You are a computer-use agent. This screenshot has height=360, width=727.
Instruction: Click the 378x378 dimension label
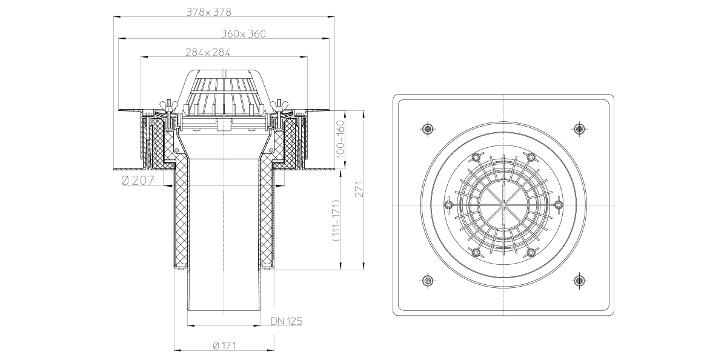pyautogui.click(x=208, y=12)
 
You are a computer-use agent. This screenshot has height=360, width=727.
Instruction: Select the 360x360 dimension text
pyautogui.click(x=244, y=34)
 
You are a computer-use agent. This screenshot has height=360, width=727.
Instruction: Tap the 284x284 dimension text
pyautogui.click(x=208, y=52)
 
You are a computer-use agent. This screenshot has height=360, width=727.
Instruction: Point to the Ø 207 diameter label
pyautogui.click(x=138, y=180)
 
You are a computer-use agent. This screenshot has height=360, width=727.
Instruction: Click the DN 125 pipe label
pyautogui.click(x=286, y=321)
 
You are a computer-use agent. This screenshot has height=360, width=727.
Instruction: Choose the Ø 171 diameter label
pyautogui.click(x=224, y=345)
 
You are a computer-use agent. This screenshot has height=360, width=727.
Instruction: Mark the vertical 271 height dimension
pyautogui.click(x=359, y=189)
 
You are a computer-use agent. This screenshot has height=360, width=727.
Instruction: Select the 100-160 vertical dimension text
pyautogui.click(x=340, y=139)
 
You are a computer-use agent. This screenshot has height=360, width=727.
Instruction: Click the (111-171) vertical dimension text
pyautogui.click(x=336, y=221)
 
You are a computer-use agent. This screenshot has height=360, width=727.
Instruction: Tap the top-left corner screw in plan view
pyautogui.click(x=428, y=129)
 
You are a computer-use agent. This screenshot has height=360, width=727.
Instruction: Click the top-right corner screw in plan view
pyautogui.click(x=579, y=129)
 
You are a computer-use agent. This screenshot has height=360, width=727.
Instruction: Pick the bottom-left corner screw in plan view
pyautogui.click(x=428, y=281)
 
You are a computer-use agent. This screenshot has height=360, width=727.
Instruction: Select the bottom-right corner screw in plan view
pyautogui.click(x=579, y=281)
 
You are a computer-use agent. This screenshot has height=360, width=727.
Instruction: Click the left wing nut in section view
pyautogui.click(x=169, y=105)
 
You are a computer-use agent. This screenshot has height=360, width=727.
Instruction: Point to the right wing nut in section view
pyautogui.click(x=279, y=105)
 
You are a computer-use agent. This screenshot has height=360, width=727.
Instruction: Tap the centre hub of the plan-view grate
pyautogui.click(x=503, y=205)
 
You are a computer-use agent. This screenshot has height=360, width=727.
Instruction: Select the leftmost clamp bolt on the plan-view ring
pyautogui.click(x=449, y=205)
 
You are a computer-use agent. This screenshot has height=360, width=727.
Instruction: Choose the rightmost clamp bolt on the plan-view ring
pyautogui.click(x=558, y=205)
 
